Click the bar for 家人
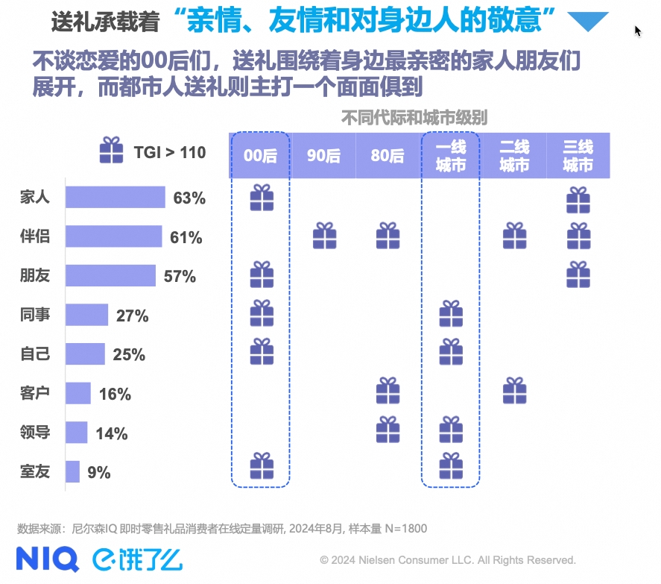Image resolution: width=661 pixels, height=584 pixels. point(115,198)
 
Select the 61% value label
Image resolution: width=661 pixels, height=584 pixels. point(186,238)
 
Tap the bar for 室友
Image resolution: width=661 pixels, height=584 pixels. point(72,471)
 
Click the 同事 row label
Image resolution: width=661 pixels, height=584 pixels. point(35,315)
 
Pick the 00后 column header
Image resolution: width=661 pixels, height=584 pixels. point(260,156)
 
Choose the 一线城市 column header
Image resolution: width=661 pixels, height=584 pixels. point(451,156)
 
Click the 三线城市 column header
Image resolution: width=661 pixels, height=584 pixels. point(578,156)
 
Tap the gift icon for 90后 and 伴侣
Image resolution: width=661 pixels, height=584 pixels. point(324,236)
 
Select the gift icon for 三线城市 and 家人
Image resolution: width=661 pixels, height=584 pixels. point(578,198)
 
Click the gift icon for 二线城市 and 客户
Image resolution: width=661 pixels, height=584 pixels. point(515,390)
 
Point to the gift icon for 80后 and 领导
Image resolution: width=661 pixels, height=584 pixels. point(388,429)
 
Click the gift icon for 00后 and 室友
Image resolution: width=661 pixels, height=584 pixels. point(261,466)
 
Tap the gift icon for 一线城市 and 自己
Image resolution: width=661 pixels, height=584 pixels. point(451,351)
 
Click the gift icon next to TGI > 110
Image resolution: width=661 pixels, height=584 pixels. point(112,150)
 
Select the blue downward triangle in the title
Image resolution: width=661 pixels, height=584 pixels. point(588,22)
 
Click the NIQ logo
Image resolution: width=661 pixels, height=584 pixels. point(47,559)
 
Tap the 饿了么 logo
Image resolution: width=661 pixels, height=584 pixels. point(138,559)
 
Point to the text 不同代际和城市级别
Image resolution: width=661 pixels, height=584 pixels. point(414,118)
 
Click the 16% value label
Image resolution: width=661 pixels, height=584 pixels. point(115,394)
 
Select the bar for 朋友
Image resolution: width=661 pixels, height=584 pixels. point(110,275)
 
